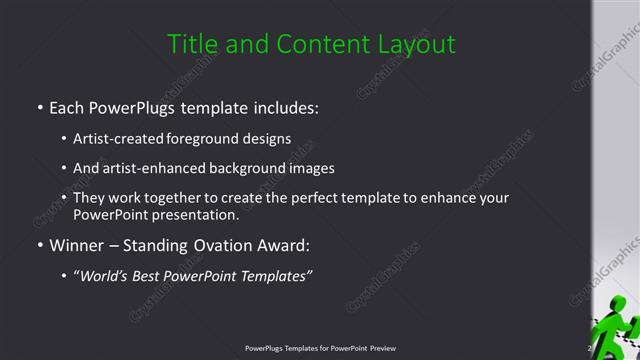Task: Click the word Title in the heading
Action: pyautogui.click(x=189, y=44)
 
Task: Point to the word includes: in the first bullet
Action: pyautogui.click(x=283, y=105)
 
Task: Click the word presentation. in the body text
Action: pyautogui.click(x=195, y=215)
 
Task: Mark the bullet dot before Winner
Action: pyautogui.click(x=39, y=246)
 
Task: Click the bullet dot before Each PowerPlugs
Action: pyautogui.click(x=39, y=105)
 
